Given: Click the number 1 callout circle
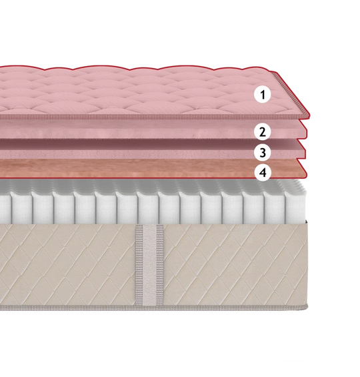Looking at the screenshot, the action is (x=263, y=95).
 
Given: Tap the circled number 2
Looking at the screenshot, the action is (x=263, y=131).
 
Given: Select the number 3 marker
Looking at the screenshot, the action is (x=263, y=152).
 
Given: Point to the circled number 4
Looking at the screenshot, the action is (x=263, y=172).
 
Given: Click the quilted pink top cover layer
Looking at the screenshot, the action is (x=144, y=93).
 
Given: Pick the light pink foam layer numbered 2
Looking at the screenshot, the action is (x=144, y=130).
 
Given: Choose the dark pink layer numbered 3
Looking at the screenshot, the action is (x=144, y=149).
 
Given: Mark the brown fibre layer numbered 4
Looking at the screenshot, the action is (x=144, y=169).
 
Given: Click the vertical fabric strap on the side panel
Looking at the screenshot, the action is (x=149, y=265).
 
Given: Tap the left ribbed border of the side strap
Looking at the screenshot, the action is (x=139, y=265).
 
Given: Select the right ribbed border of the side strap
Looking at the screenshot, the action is (x=160, y=265).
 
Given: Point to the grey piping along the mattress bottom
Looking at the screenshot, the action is (x=154, y=308).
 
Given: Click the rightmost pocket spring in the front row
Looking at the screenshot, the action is (x=296, y=206).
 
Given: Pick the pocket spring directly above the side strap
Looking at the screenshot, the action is (x=148, y=206).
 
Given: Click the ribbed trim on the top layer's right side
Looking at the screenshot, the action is (x=291, y=94).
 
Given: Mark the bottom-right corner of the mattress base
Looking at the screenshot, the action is (x=307, y=309).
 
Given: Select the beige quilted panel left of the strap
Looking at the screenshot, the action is (x=68, y=264).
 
